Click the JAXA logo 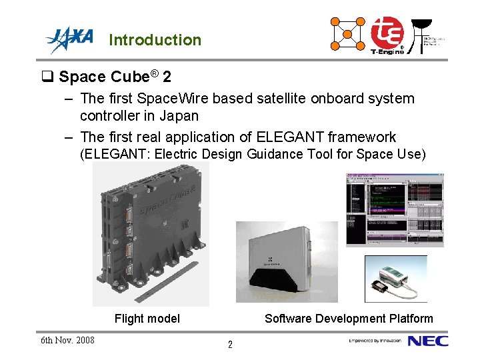click(69, 39)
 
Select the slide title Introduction click(155, 40)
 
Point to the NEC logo click(428, 341)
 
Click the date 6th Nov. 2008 click(67, 341)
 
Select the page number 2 click(230, 345)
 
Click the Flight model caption click(147, 319)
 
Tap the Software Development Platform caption click(349, 319)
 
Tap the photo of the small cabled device click(395, 279)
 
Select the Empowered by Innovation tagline click(375, 341)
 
